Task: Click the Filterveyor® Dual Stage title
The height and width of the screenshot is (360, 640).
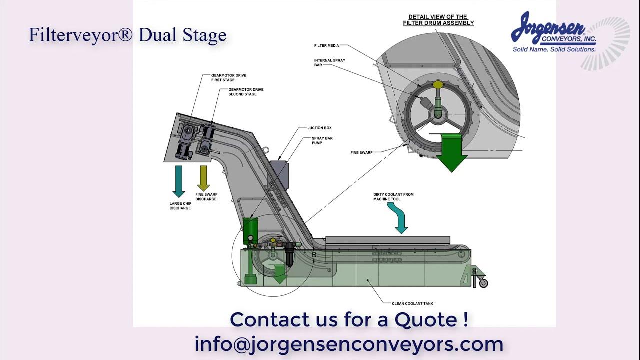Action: click(127, 35)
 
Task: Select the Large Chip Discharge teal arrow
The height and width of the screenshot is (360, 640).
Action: click(178, 181)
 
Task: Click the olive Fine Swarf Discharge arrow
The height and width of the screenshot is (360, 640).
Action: click(203, 178)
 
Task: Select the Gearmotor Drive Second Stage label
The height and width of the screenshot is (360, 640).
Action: click(246, 92)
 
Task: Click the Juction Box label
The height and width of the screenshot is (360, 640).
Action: click(319, 128)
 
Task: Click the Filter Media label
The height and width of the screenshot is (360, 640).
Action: click(326, 46)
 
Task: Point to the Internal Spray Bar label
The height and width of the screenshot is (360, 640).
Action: click(329, 62)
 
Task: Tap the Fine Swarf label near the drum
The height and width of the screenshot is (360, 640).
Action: click(361, 152)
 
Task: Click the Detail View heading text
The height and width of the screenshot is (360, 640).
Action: click(438, 20)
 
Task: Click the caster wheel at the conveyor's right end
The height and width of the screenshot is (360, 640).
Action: click(483, 283)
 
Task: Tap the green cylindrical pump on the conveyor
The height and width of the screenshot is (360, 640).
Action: click(249, 230)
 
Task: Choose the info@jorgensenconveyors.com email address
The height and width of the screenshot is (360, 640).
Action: click(349, 344)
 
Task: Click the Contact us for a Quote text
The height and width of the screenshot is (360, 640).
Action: click(349, 319)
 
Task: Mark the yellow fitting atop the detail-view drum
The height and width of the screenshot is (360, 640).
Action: click(438, 85)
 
